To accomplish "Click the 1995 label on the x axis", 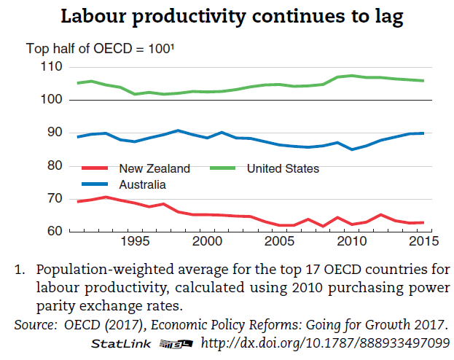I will point(134,241).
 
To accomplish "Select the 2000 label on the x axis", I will point(206,241).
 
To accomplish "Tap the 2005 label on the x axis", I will point(278,241).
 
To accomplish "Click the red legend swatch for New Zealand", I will point(97,169).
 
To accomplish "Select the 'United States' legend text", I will point(283,169).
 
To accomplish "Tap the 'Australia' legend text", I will point(143,184).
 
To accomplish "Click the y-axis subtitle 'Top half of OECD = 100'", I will point(100,50).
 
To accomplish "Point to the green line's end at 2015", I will point(423,81).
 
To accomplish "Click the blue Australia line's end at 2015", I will point(423,133).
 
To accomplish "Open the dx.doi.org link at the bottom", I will point(325,343).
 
